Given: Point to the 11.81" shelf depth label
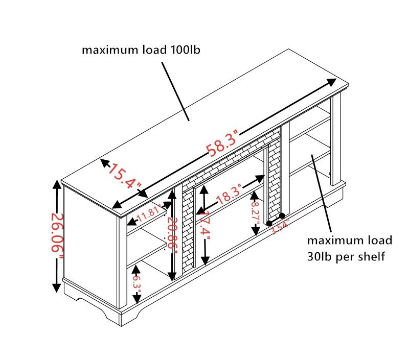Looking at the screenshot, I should tap(148, 210).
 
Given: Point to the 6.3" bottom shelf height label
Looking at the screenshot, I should tap(136, 282).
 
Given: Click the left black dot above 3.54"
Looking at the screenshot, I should tap(269, 224).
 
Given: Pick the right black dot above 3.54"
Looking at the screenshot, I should tap(282, 216).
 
